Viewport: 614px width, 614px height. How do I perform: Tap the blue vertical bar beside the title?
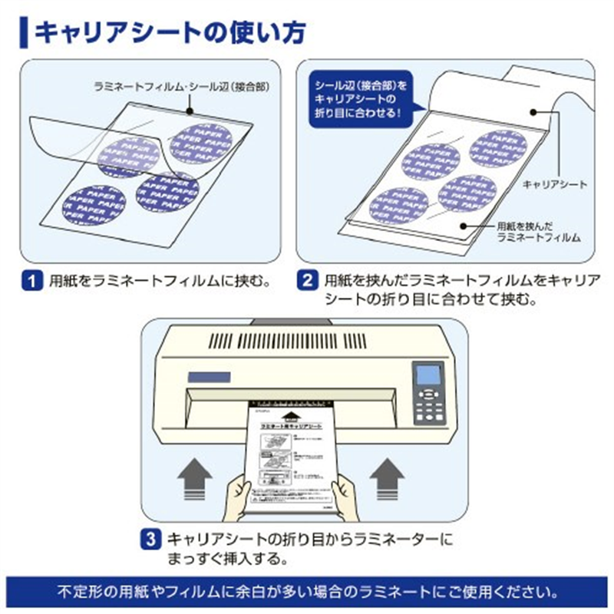tap(25, 32)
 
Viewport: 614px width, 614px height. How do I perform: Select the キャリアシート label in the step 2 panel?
tap(554, 185)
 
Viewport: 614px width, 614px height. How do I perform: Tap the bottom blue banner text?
tap(307, 593)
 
